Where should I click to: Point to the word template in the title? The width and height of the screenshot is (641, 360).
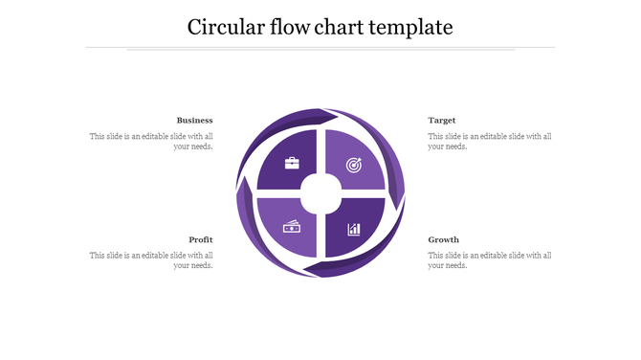pyautogui.click(x=414, y=27)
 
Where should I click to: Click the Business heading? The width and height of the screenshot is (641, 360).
pyautogui.click(x=194, y=121)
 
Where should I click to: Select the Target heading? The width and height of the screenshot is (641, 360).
pyautogui.click(x=442, y=121)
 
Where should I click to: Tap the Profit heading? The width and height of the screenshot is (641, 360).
pyautogui.click(x=201, y=239)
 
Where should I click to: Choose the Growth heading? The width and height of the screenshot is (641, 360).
pyautogui.click(x=444, y=239)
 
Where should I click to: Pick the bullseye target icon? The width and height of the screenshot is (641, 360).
pyautogui.click(x=353, y=164)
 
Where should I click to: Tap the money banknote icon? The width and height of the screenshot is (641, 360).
pyautogui.click(x=292, y=227)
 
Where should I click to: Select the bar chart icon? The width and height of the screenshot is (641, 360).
pyautogui.click(x=354, y=229)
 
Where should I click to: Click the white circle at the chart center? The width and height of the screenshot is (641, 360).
pyautogui.click(x=321, y=194)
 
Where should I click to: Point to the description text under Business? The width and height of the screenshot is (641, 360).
pyautogui.click(x=151, y=142)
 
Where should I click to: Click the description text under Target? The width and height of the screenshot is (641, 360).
pyautogui.click(x=490, y=142)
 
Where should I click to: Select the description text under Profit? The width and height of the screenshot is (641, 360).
pyautogui.click(x=151, y=260)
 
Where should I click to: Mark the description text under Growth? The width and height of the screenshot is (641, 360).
pyautogui.click(x=490, y=260)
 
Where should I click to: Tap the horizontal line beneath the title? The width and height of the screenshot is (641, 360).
pyautogui.click(x=320, y=47)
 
